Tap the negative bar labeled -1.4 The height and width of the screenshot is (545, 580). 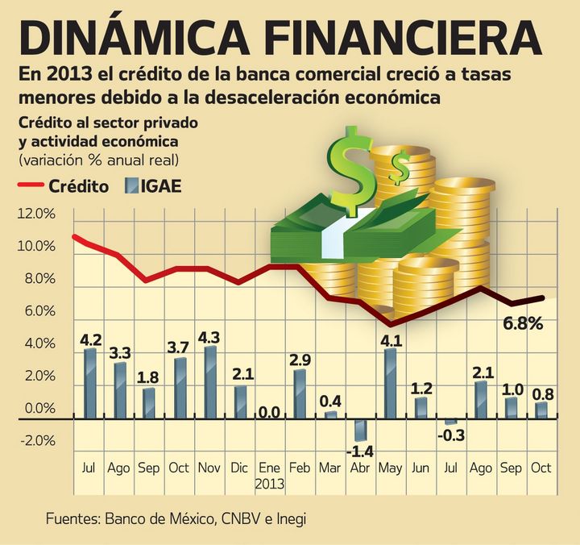click(x=360, y=429)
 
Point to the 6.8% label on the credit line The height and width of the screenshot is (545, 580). click(x=522, y=324)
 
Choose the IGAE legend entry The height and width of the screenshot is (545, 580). click(x=154, y=186)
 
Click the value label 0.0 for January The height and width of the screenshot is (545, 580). click(x=268, y=413)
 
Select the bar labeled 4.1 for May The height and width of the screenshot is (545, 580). click(x=391, y=385)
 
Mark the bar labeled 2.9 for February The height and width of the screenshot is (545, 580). click(x=300, y=394)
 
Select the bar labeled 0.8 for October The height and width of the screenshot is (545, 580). click(x=541, y=411)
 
